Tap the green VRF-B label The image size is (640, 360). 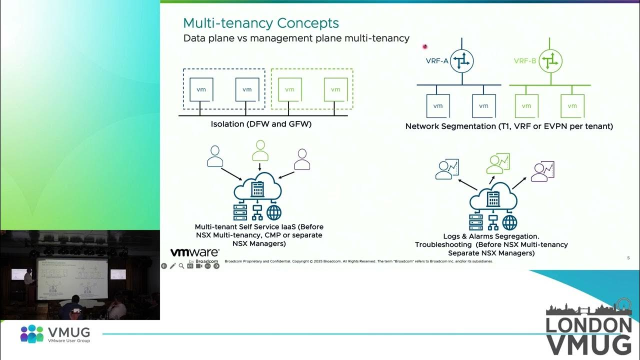526,61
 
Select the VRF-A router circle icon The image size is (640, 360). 461,61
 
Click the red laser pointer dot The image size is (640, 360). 425,45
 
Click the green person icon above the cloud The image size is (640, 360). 261,150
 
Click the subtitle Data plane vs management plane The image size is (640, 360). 296,39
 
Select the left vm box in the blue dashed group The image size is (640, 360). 201,89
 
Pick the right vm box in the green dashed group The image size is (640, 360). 335,89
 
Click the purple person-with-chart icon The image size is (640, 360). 543,172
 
